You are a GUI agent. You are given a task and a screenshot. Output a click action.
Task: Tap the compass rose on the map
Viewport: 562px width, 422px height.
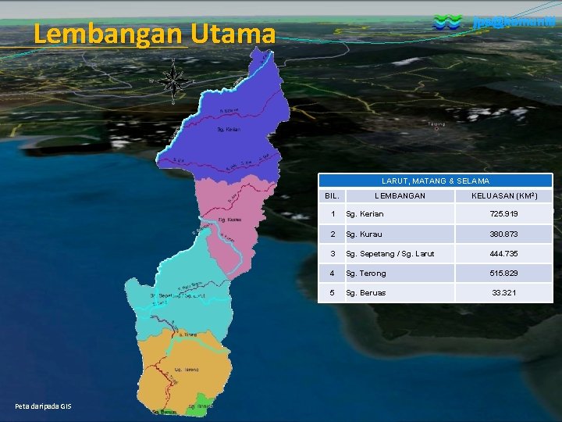coord(173,80)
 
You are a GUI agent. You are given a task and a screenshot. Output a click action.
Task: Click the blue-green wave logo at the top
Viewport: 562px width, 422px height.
coord(447,23)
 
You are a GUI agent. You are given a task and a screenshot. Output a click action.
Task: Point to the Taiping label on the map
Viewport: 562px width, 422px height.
coord(436,123)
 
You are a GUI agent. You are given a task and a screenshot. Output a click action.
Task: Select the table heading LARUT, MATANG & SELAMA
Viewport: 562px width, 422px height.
coord(435,181)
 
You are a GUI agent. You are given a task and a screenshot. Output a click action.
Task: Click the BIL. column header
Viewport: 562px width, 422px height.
coord(333,195)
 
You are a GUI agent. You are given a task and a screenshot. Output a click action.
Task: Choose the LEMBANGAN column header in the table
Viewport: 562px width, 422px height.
coord(400,195)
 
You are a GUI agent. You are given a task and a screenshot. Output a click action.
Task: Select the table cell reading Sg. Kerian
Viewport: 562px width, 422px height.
coord(365,214)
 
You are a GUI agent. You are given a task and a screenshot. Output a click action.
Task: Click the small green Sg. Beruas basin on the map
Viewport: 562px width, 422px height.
coord(204,404)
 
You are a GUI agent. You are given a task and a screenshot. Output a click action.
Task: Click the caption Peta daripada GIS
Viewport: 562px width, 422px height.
coord(43,407)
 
